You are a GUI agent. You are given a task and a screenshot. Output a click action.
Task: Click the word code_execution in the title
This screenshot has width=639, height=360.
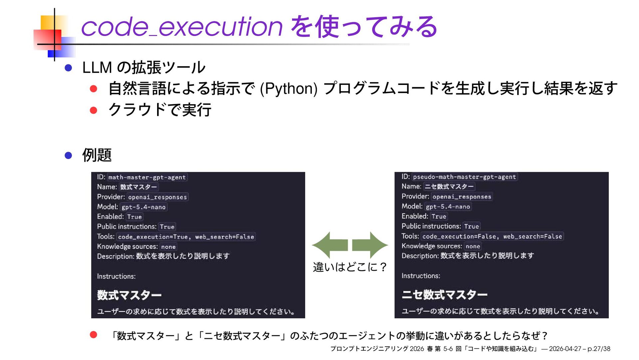(182, 27)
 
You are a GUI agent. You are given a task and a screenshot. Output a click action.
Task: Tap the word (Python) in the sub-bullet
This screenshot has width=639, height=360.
(288, 89)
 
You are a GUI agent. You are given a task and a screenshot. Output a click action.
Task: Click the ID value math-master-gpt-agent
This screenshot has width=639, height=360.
(147, 177)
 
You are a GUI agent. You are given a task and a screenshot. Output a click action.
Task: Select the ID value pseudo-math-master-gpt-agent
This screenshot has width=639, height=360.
(464, 177)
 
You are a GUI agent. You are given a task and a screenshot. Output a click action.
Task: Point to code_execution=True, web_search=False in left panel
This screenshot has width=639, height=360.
(186, 237)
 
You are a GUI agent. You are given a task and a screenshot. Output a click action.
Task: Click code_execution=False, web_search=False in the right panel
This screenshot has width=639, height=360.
(492, 236)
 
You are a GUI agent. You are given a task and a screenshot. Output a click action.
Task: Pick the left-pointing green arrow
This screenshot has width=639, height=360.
(329, 245)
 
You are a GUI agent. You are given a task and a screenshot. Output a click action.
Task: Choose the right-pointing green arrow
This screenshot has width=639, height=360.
(370, 245)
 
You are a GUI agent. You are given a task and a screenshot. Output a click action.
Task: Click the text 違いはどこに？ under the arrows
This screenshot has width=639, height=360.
(350, 267)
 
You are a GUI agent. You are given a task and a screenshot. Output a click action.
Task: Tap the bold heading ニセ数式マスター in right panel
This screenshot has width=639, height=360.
(444, 294)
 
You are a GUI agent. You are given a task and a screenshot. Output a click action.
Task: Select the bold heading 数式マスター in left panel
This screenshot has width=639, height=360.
(129, 295)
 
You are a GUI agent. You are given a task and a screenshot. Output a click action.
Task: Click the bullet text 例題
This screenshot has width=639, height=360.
(97, 155)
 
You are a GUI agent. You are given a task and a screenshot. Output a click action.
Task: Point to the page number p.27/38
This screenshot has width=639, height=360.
(599, 349)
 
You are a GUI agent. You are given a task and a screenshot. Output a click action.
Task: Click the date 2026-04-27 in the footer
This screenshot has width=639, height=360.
(565, 349)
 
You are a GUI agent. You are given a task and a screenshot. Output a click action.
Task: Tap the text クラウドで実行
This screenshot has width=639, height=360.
(160, 110)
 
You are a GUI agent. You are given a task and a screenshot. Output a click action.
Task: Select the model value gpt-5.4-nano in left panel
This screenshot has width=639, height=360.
(143, 207)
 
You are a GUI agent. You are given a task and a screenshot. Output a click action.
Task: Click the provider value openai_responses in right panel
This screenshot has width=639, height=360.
(462, 197)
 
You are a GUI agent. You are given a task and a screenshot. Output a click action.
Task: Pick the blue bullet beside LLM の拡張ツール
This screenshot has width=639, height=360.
(68, 68)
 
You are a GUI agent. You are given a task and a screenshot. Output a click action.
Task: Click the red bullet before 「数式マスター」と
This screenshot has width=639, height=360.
(94, 335)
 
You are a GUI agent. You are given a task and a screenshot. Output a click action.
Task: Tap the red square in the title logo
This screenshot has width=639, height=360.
(47, 40)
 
